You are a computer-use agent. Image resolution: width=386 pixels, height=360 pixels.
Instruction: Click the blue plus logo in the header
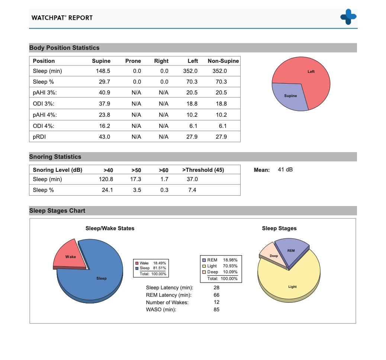[x=348, y=17]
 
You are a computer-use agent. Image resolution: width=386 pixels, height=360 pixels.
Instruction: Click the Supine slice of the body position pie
[x=289, y=96]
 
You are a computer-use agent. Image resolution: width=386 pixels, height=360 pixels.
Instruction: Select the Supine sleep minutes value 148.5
[x=103, y=71]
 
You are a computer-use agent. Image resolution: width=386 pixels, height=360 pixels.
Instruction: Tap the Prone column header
[x=133, y=61]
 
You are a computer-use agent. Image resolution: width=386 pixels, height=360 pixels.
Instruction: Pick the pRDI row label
[x=39, y=136]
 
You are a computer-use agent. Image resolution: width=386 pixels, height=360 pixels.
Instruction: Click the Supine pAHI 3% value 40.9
[x=104, y=93]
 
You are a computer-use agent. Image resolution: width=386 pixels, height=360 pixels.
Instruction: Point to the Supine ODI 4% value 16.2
[x=104, y=126]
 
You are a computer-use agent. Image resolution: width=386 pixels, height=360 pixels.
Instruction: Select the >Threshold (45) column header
[x=203, y=170]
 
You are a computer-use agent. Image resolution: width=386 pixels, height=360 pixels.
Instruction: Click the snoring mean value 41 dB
[x=285, y=170]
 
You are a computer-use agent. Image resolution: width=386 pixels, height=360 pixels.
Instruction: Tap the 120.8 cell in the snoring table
[x=106, y=179]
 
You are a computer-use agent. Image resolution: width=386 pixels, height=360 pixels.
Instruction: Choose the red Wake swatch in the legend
[x=137, y=263]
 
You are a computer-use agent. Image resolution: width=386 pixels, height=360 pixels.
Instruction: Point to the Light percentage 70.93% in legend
[x=230, y=266]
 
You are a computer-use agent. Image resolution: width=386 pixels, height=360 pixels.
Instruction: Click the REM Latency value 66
[x=216, y=295]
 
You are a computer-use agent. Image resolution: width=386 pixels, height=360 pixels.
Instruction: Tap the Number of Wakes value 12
[x=216, y=302]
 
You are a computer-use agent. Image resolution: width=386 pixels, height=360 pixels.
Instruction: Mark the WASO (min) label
[x=161, y=309]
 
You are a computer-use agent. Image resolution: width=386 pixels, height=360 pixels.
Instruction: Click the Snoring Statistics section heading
[x=55, y=157]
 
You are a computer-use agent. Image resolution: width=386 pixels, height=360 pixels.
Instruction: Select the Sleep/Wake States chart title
[x=110, y=228]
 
